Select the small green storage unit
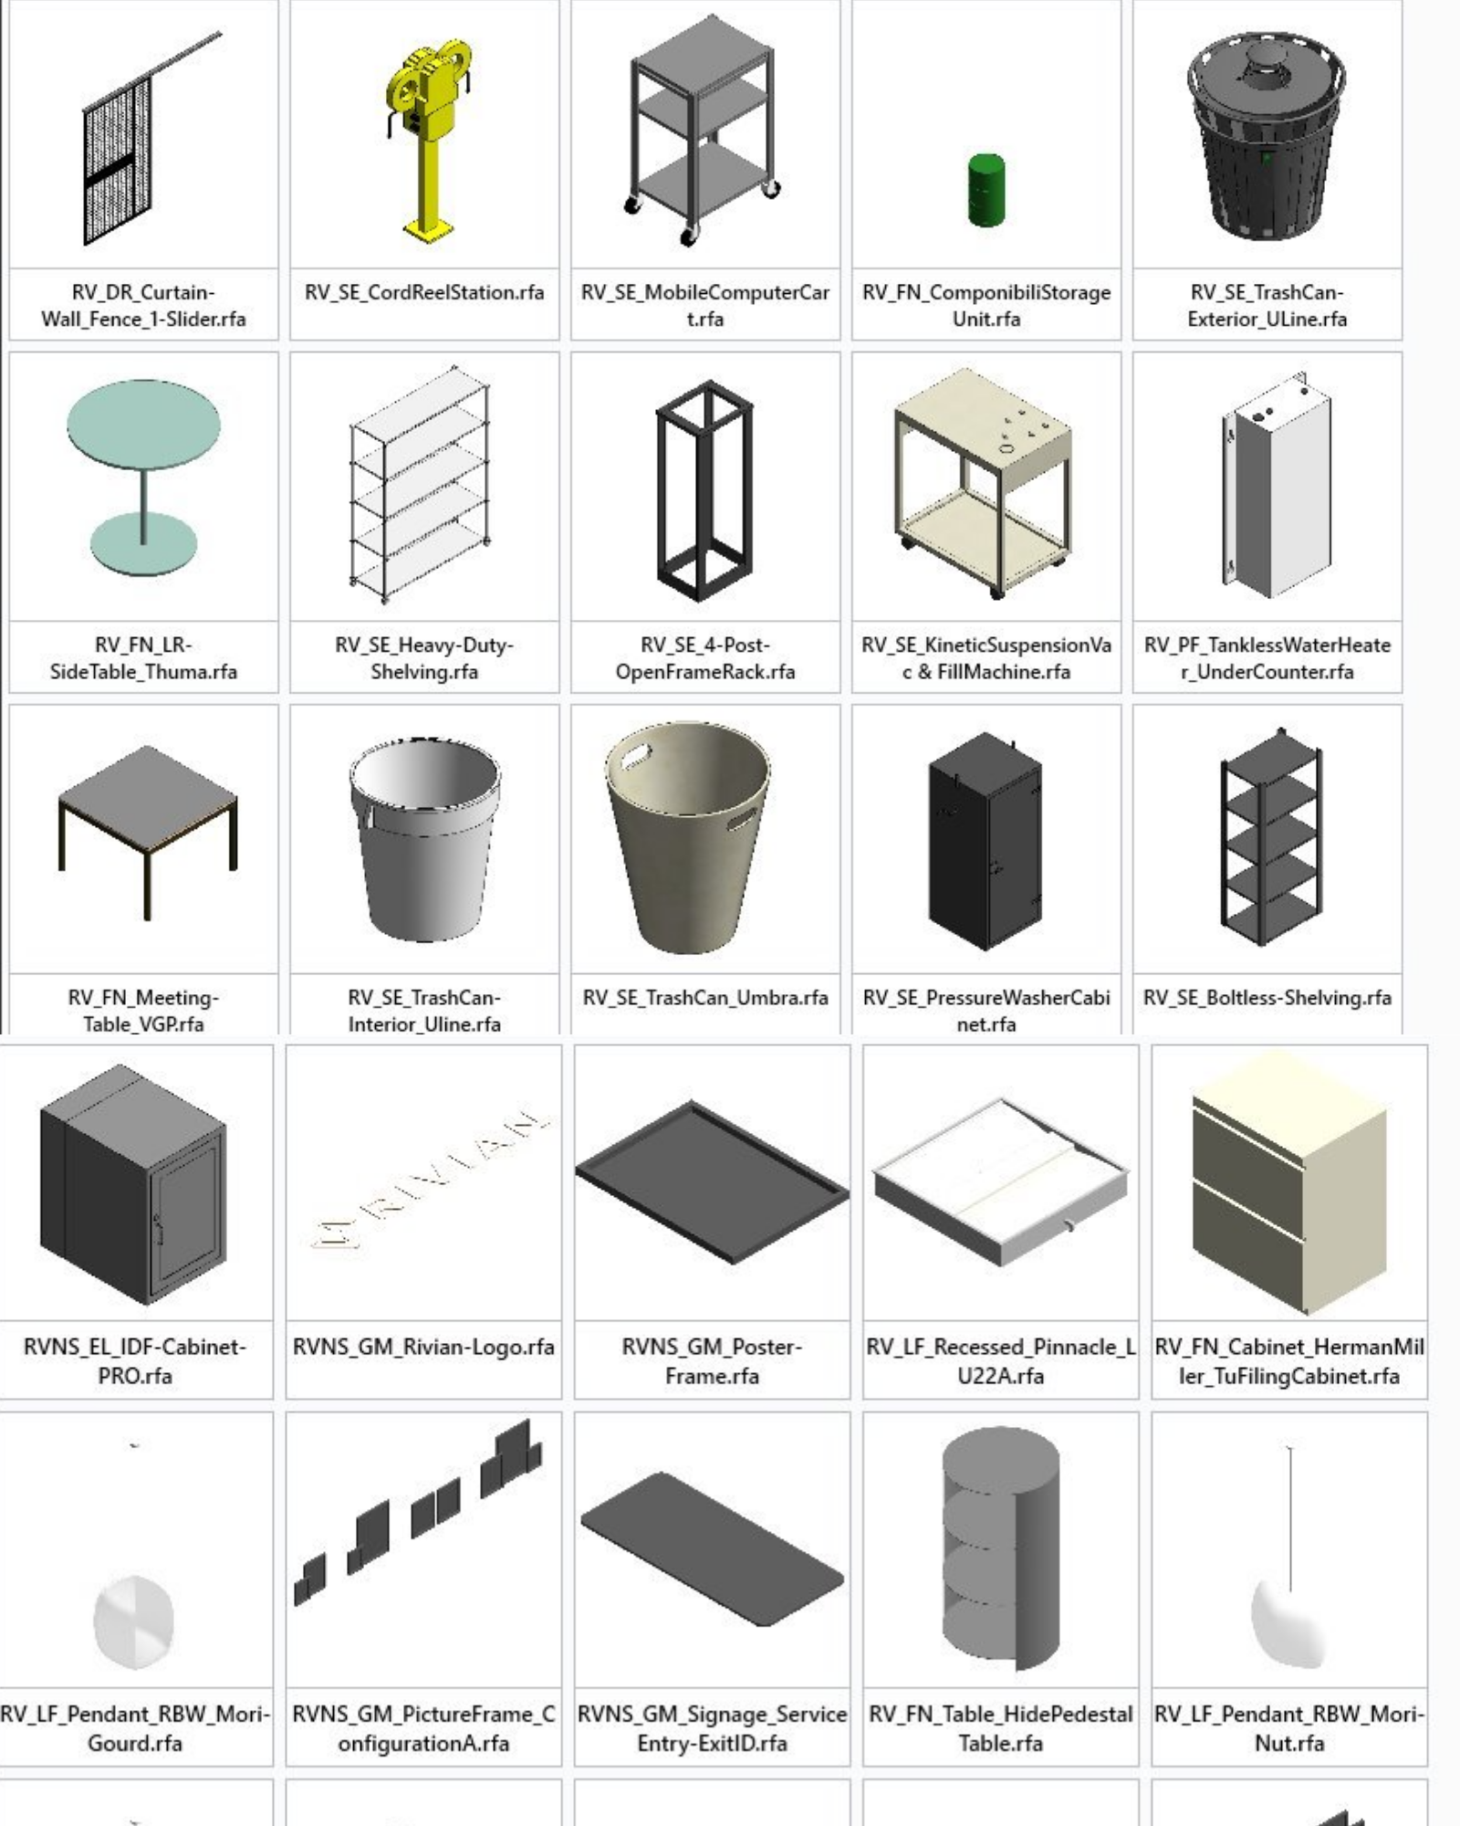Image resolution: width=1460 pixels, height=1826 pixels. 985,190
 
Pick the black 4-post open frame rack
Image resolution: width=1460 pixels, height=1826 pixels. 705,491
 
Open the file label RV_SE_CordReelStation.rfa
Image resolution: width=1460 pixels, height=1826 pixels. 424,292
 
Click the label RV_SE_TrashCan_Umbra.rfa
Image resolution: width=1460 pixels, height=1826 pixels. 705,997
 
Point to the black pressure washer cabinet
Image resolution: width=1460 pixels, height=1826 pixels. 985,842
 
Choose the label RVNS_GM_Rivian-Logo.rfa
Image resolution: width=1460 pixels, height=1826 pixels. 423,1347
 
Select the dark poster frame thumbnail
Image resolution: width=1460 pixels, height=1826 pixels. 712,1181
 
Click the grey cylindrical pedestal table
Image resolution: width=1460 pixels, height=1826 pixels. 1001,1546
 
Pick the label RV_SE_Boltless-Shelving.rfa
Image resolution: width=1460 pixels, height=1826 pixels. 1267,997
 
